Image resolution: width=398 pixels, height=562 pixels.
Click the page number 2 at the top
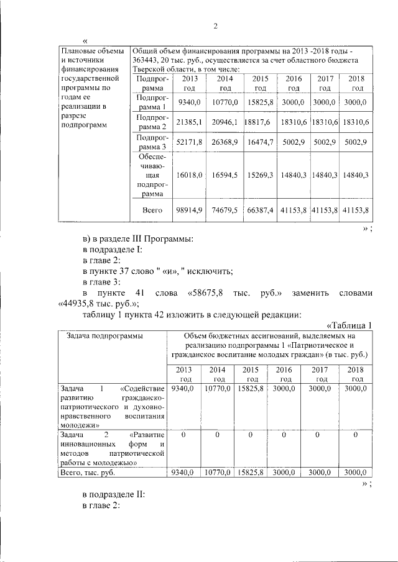pyautogui.click(x=216, y=25)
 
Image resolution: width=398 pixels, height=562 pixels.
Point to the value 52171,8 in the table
pyautogui.click(x=190, y=143)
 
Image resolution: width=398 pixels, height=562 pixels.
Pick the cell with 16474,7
pyautogui.click(x=261, y=143)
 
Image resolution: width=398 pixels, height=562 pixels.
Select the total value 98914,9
pyautogui.click(x=190, y=211)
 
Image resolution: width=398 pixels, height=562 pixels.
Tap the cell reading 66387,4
pyautogui.click(x=261, y=211)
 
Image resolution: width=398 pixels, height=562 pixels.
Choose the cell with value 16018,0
pyautogui.click(x=190, y=176)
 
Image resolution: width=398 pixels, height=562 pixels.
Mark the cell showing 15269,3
pyautogui.click(x=261, y=176)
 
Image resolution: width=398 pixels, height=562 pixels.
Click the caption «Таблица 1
pyautogui.click(x=349, y=325)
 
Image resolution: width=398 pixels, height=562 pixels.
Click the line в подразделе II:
pyautogui.click(x=114, y=495)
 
